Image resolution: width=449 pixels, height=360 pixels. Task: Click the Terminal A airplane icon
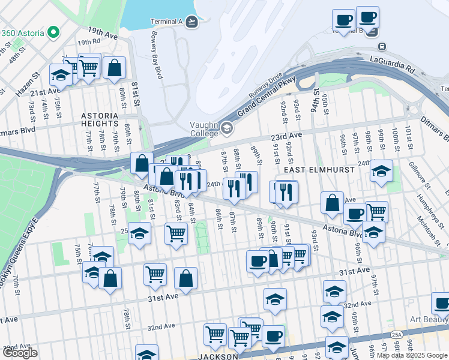click(x=191, y=22)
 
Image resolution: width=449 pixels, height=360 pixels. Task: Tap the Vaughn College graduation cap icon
click(x=227, y=128)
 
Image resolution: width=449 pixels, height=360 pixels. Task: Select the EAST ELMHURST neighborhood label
click(x=308, y=170)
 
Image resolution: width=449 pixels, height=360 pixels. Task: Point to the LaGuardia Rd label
click(x=393, y=61)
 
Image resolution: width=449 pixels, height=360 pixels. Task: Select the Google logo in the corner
click(x=20, y=353)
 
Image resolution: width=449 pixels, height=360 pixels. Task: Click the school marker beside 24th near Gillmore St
click(x=381, y=172)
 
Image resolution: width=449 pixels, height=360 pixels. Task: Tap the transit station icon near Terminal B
click(x=382, y=46)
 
